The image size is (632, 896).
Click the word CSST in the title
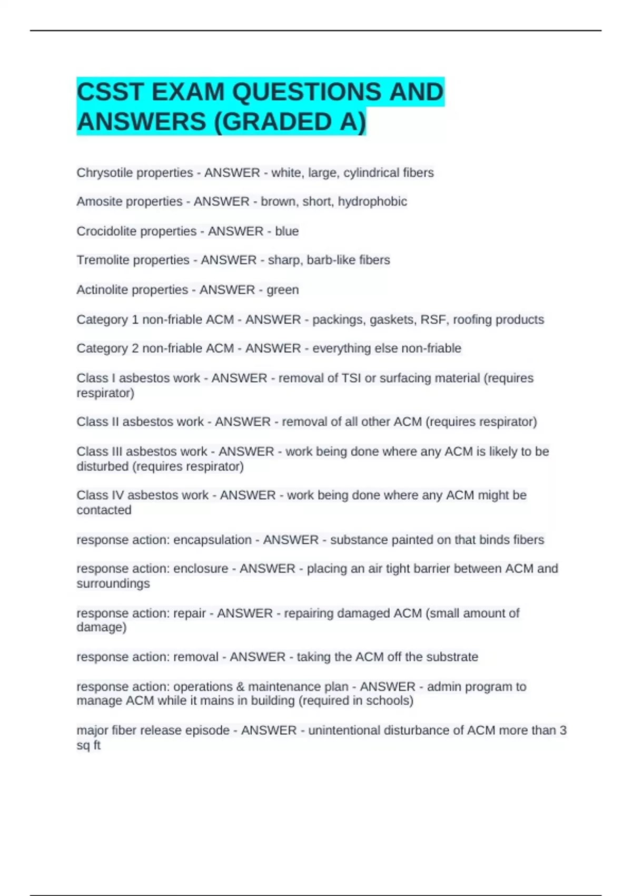pyautogui.click(x=110, y=92)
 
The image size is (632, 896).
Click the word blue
pyautogui.click(x=287, y=231)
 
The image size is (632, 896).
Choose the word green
pyautogui.click(x=282, y=289)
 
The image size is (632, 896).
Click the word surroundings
pyautogui.click(x=113, y=583)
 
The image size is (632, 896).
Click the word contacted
pyautogui.click(x=104, y=510)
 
